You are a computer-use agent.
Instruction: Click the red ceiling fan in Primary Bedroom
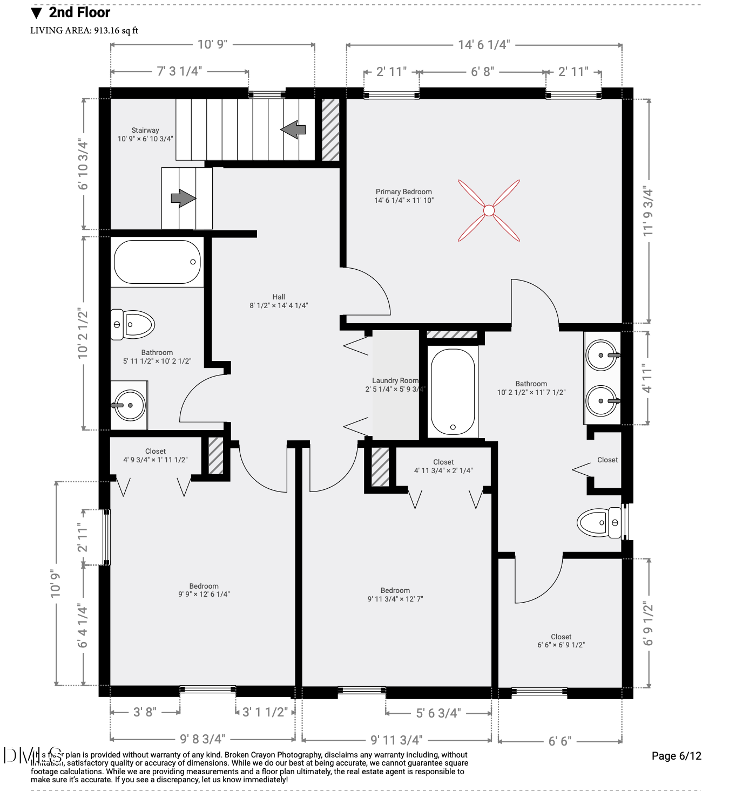489,210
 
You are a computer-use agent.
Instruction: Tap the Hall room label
279,301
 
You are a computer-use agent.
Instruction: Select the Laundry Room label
395,384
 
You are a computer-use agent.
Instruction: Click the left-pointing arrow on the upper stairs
293,129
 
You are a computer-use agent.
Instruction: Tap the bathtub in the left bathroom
157,262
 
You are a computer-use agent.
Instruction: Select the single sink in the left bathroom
129,405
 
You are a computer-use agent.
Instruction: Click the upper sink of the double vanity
602,355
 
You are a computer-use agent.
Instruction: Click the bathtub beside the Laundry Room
453,392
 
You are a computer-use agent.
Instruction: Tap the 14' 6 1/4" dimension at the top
484,45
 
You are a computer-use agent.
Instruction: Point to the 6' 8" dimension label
482,72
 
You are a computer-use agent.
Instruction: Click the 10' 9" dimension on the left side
56,583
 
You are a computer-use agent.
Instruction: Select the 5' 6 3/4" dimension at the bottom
438,713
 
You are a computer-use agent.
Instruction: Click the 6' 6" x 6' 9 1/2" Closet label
561,640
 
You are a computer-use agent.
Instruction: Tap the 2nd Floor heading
79,12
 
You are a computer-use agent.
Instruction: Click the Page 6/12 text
676,756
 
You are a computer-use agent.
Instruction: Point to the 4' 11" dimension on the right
647,378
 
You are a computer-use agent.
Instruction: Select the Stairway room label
145,134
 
